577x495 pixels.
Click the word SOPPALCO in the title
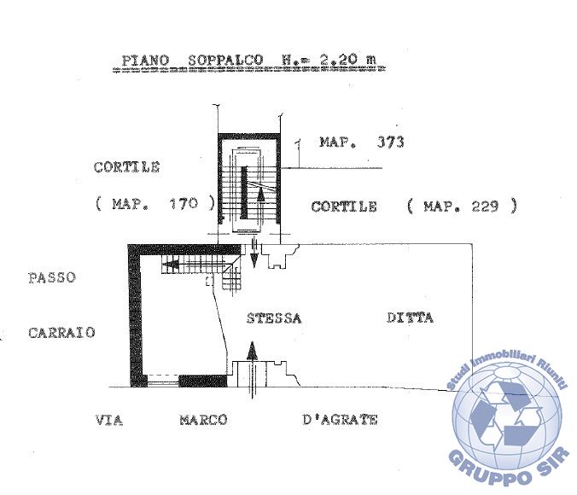coord(225,60)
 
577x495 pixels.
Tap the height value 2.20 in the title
coord(338,59)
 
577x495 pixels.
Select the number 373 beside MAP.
coord(390,142)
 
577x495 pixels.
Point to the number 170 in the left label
coord(184,203)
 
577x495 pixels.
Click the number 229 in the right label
coord(485,206)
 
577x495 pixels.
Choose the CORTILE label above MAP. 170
coord(126,167)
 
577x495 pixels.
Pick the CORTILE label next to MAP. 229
coord(344,207)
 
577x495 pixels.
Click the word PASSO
coord(52,277)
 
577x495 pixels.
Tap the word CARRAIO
coord(61,333)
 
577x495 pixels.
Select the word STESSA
coord(274,318)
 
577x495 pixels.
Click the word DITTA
coord(410,317)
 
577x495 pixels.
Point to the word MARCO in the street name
coord(203,420)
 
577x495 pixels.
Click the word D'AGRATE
coord(340,420)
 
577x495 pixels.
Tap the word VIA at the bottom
coord(109,420)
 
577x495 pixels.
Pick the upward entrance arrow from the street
coord(252,370)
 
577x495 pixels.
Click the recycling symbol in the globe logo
coord(506,414)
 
